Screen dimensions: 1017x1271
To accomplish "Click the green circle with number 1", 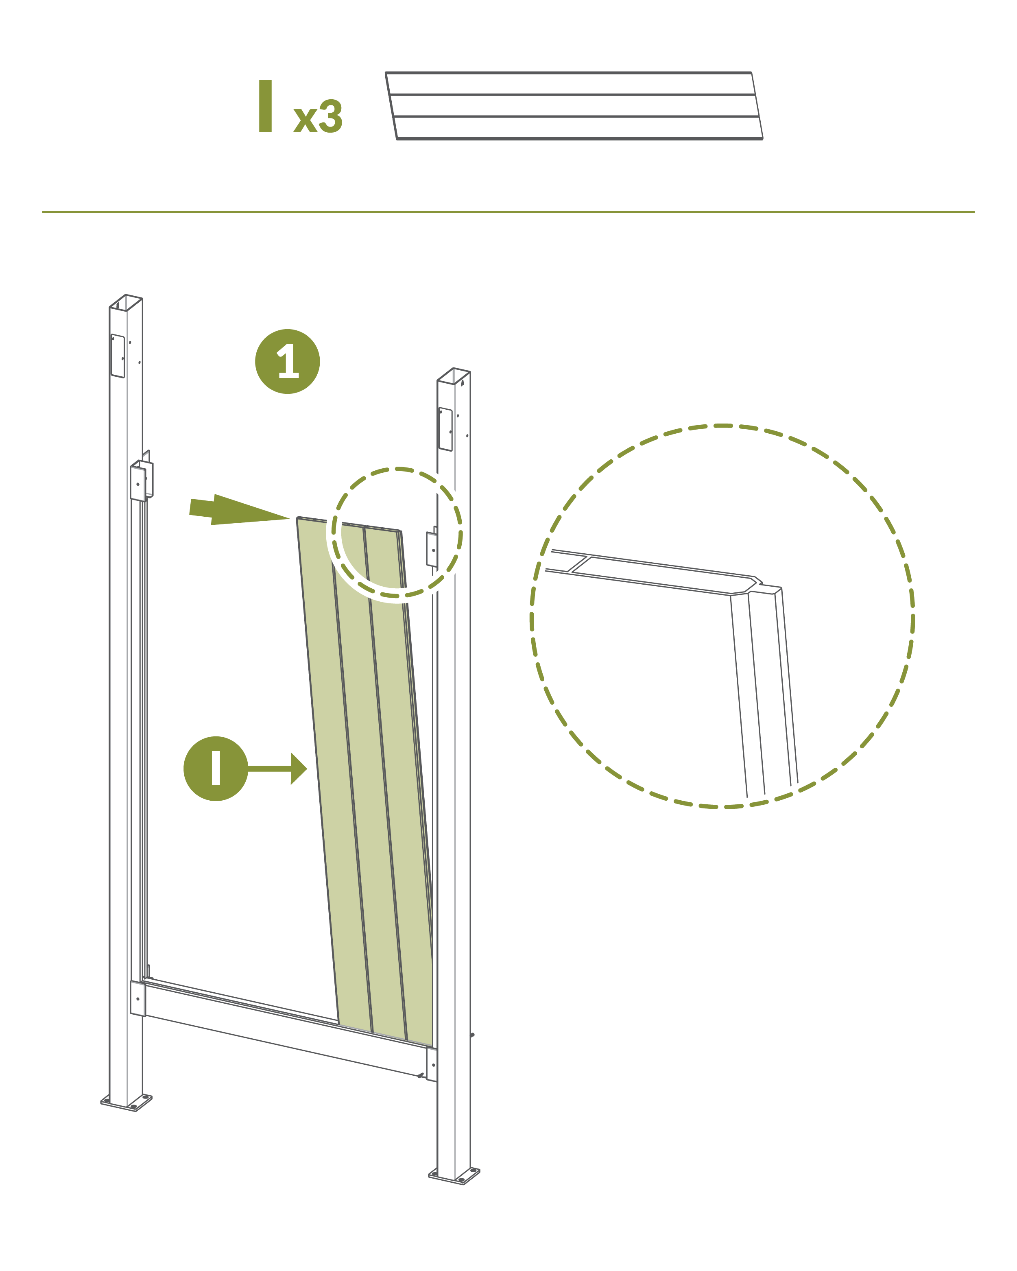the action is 287,361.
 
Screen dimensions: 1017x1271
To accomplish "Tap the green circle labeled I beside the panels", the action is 216,768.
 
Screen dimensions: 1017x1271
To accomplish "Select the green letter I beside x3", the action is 265,106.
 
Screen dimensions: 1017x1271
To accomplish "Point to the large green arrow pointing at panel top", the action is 239,510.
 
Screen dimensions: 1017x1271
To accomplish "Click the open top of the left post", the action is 126,302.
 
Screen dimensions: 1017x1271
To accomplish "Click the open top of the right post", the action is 453,376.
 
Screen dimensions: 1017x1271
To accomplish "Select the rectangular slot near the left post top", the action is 117,356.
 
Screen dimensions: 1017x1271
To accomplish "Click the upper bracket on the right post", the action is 432,548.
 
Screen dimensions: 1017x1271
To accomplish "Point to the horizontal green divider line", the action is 508,212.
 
